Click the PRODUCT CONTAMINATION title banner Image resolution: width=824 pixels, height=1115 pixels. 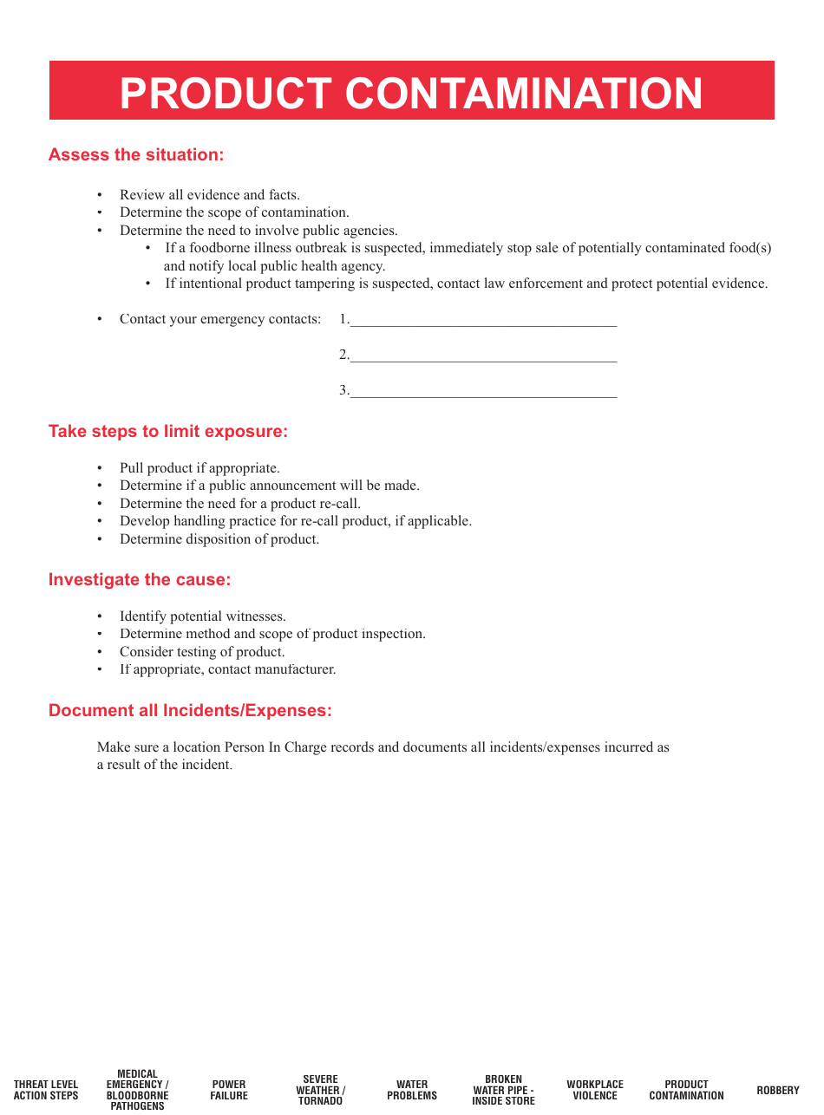[x=411, y=92]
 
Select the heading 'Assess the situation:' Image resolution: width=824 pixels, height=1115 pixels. [x=136, y=155]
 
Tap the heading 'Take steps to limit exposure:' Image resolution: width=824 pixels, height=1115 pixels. [x=167, y=432]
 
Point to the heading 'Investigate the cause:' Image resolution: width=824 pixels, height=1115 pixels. [x=140, y=580]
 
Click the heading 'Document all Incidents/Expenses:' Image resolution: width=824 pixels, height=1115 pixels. [x=190, y=711]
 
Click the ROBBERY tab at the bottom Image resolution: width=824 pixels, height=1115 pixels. [x=777, y=1090]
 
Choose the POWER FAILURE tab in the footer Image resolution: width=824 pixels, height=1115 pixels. [x=229, y=1090]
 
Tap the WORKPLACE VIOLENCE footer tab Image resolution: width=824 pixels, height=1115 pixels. [x=595, y=1090]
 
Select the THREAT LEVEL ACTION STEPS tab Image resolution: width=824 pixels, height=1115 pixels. [x=46, y=1090]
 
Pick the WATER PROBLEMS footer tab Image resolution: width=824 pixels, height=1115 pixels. [x=412, y=1090]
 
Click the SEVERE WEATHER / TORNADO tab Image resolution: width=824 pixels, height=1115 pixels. [x=320, y=1090]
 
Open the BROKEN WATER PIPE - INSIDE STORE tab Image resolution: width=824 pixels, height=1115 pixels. [x=504, y=1090]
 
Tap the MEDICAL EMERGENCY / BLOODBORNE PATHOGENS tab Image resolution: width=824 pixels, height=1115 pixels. [x=138, y=1090]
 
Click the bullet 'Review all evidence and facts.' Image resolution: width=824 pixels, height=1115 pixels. [x=209, y=195]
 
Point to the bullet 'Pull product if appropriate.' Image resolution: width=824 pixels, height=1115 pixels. [x=199, y=468]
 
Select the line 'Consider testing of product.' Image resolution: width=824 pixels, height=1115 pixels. [x=202, y=652]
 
